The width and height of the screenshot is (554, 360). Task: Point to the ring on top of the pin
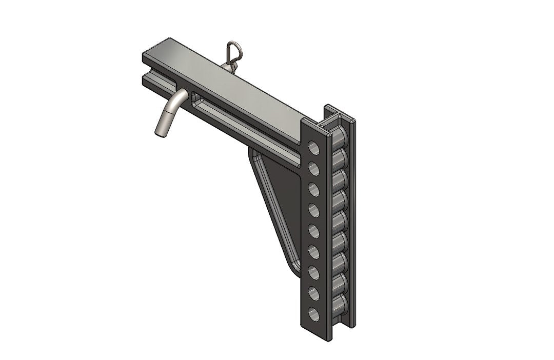point(230,51)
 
